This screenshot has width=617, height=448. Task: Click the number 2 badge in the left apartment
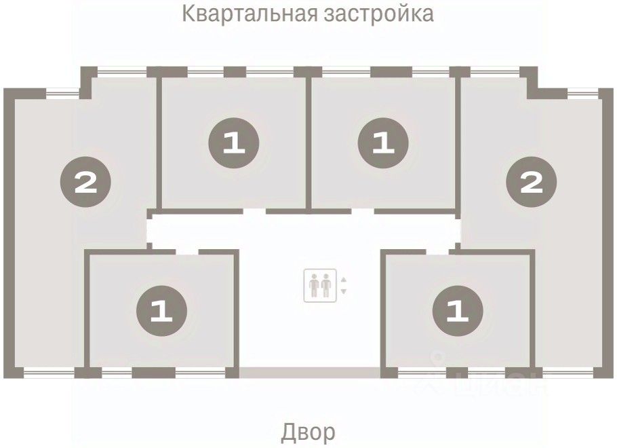[86, 182]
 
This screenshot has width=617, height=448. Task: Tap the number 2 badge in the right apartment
[531, 182]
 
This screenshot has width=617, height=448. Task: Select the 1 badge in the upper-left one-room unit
[234, 143]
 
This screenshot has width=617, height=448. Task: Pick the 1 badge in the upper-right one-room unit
[383, 143]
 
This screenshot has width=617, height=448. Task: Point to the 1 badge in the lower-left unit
[161, 310]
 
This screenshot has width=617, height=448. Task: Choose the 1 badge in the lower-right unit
[458, 310]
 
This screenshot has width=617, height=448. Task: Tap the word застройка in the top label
[379, 14]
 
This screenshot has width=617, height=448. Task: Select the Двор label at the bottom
[308, 432]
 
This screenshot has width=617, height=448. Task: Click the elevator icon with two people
[320, 285]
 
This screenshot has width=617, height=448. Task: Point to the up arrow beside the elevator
[344, 280]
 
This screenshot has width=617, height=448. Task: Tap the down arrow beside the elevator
[344, 292]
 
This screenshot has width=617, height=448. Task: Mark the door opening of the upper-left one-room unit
[254, 212]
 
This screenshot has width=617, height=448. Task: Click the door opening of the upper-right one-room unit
[363, 212]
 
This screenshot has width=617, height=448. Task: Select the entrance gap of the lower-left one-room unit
[187, 252]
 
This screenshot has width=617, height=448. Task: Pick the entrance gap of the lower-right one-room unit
[437, 252]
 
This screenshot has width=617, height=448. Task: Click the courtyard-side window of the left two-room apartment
[49, 373]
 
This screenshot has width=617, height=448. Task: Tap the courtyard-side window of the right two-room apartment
[568, 373]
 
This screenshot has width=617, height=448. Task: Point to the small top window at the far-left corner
[62, 94]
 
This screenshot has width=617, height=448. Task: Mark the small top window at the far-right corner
[583, 94]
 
